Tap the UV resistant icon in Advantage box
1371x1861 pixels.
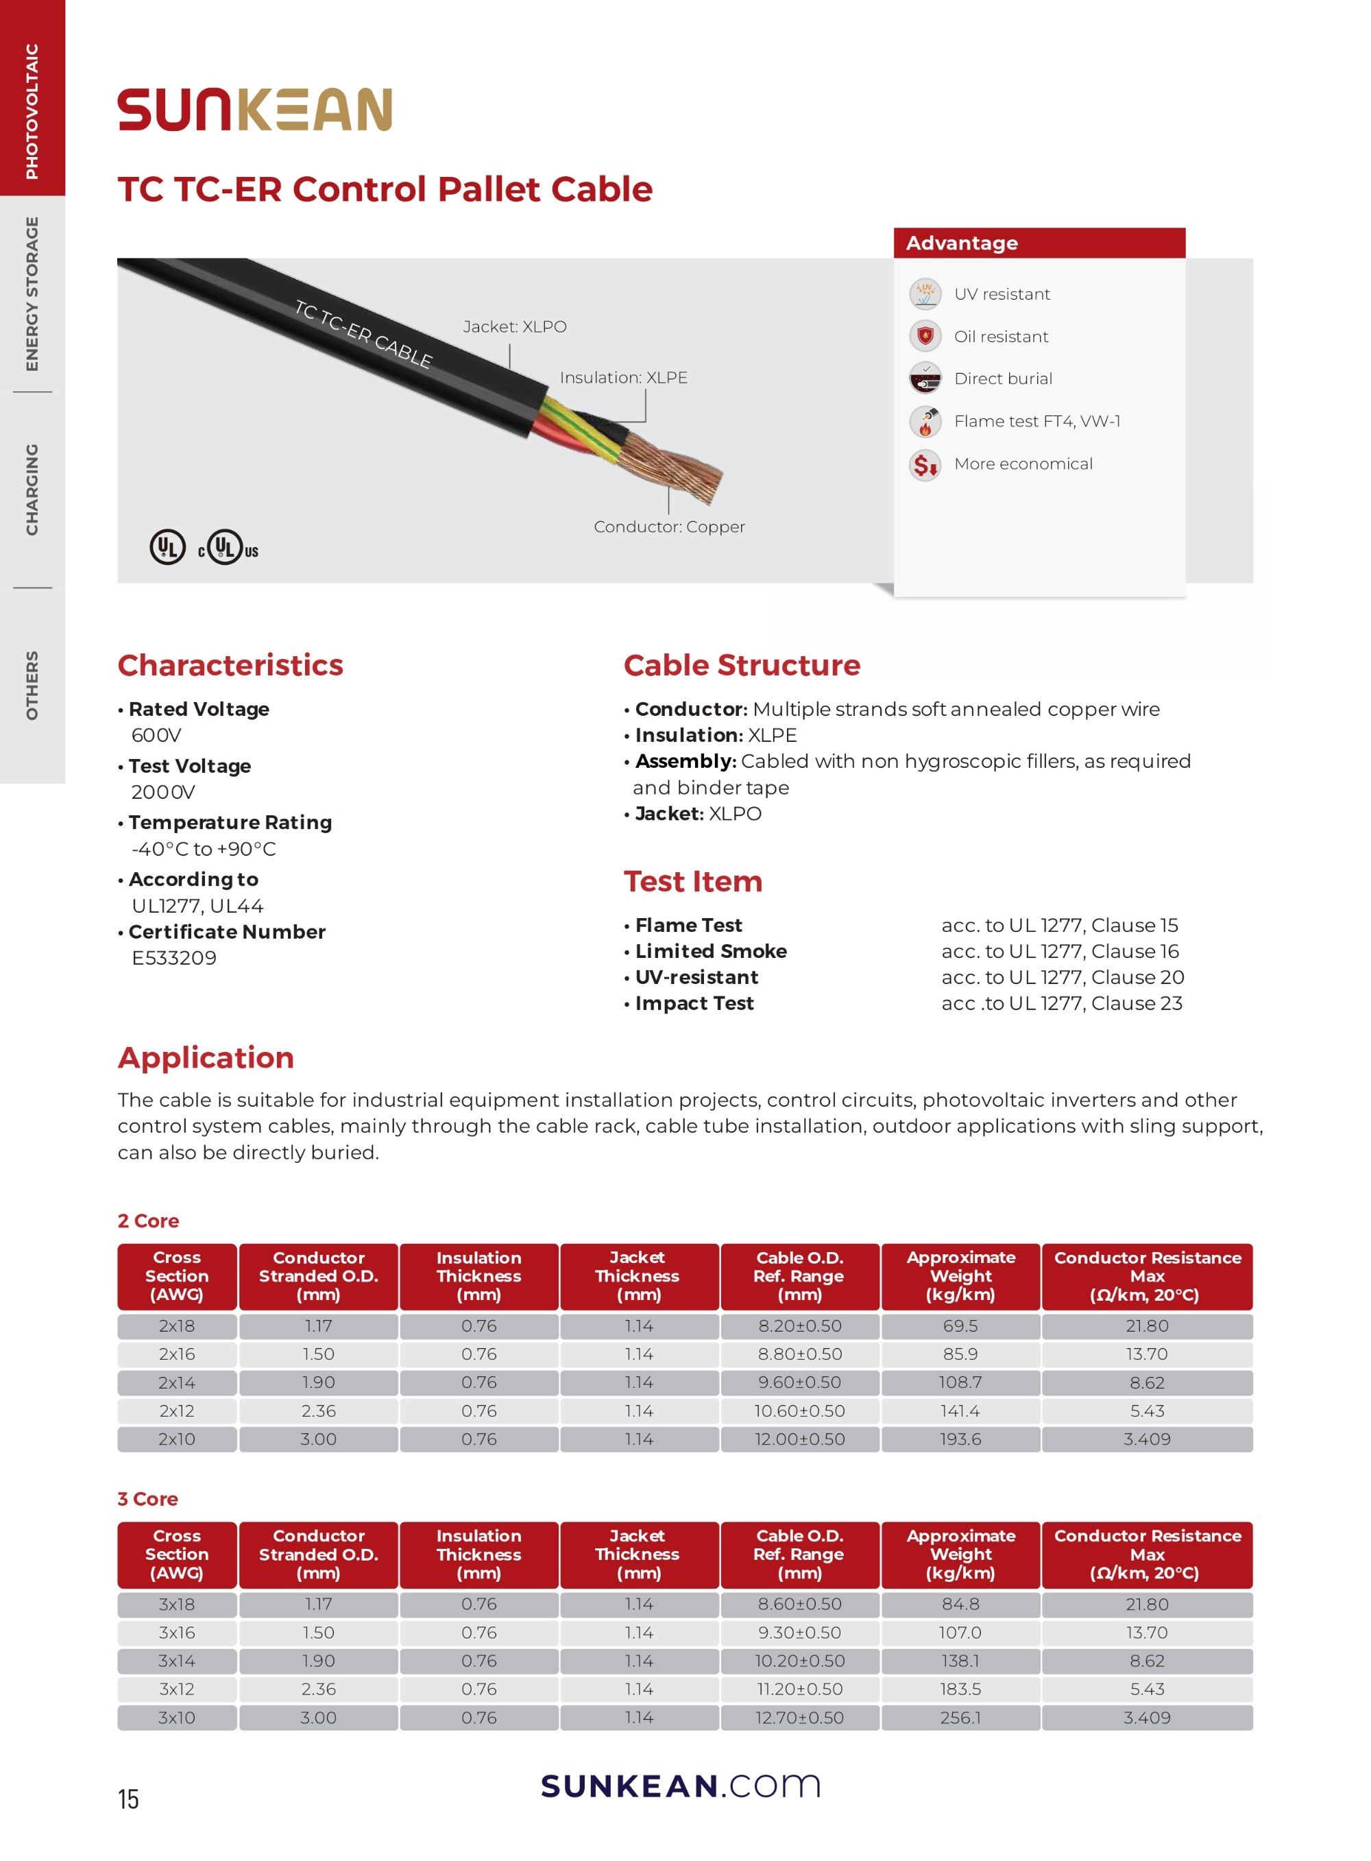click(925, 294)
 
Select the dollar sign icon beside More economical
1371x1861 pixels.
click(925, 464)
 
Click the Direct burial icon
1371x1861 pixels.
click(925, 379)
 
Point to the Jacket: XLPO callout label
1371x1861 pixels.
click(515, 327)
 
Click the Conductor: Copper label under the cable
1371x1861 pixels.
click(669, 527)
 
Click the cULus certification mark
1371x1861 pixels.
click(228, 549)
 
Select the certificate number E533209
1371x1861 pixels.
click(173, 958)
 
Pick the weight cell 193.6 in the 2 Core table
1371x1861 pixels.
click(960, 1439)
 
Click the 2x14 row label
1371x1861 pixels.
click(177, 1383)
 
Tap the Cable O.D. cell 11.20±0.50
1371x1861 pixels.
click(799, 1689)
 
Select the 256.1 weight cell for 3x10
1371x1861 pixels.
click(960, 1718)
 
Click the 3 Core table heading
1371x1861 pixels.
click(147, 1499)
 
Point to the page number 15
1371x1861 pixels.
click(129, 1799)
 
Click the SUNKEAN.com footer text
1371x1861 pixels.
click(681, 1786)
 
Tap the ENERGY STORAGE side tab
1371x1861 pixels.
click(32, 294)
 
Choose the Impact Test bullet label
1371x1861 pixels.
click(694, 1004)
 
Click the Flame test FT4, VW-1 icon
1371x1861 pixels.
click(925, 422)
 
